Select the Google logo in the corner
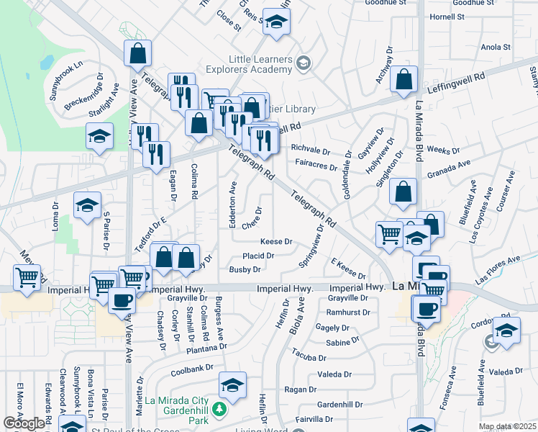(x=24, y=423)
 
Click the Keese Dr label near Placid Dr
(x=276, y=242)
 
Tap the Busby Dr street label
(x=245, y=270)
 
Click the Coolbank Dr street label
(x=193, y=371)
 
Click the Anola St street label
(x=495, y=48)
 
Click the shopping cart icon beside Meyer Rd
(x=27, y=278)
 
